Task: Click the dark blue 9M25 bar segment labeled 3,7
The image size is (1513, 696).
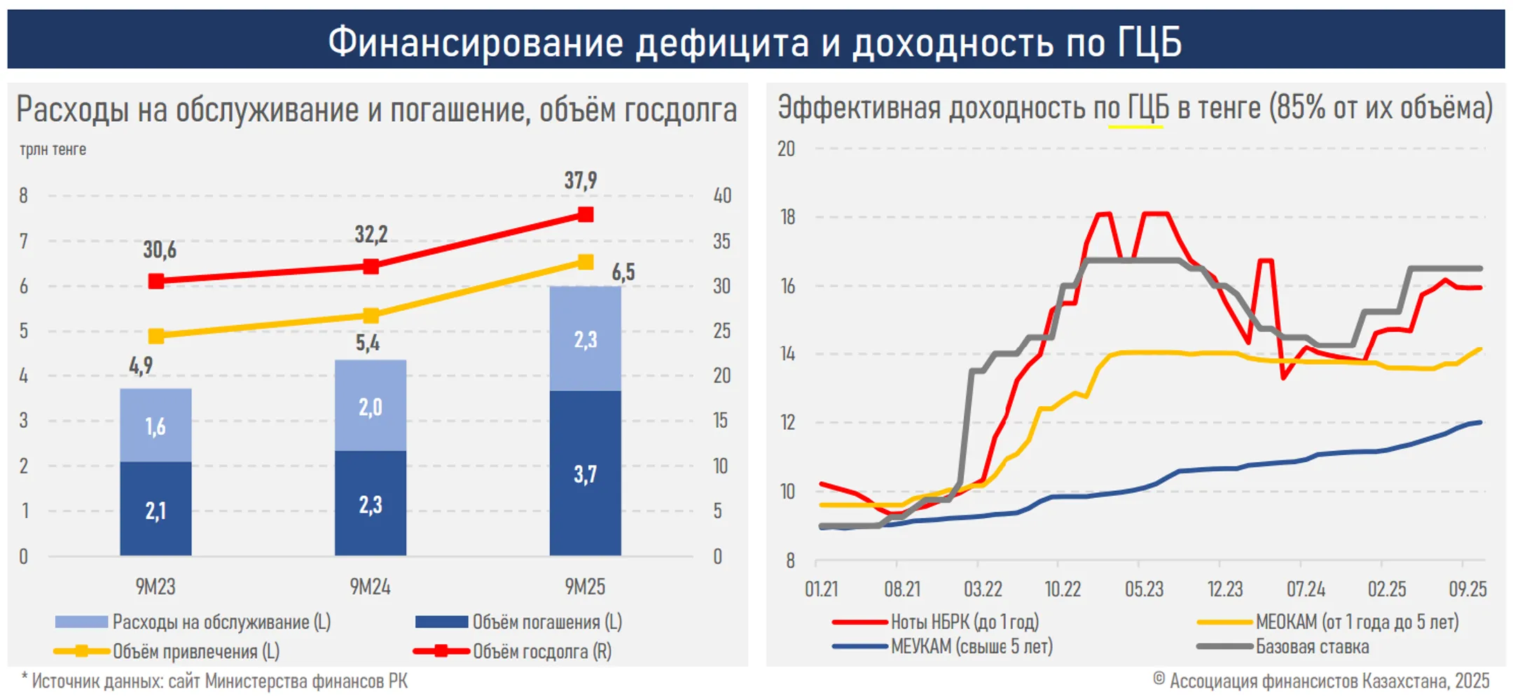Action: (585, 473)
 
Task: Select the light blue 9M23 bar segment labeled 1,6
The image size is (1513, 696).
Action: (156, 425)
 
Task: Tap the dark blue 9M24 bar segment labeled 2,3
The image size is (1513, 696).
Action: (371, 503)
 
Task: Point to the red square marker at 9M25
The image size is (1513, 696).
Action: (586, 214)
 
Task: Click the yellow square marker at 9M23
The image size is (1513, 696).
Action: (156, 336)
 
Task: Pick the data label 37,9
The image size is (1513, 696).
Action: (581, 181)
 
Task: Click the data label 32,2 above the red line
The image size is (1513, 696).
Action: (371, 234)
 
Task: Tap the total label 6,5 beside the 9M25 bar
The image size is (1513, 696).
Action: (623, 272)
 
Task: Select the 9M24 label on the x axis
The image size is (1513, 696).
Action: (370, 587)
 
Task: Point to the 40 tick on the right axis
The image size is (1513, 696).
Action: (721, 195)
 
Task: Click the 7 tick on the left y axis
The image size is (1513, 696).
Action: (24, 241)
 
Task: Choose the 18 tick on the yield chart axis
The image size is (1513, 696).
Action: (788, 217)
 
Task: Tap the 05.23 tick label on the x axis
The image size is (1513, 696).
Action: (1144, 589)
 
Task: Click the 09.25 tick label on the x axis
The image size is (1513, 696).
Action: (1467, 589)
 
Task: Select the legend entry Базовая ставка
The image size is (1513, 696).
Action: (1311, 647)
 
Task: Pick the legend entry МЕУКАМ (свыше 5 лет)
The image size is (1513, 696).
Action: (971, 647)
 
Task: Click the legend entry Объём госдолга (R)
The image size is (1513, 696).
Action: (541, 652)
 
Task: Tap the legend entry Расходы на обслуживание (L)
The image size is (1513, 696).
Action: (221, 622)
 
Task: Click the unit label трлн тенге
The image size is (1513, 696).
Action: (53, 149)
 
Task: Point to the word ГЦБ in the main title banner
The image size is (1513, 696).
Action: (1149, 41)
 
